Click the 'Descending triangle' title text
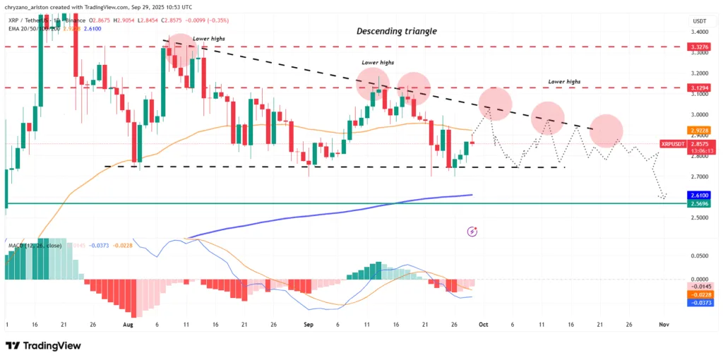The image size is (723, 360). pos(397,31)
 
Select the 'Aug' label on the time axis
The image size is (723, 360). pos(128,325)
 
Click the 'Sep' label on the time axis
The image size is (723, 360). pos(308,325)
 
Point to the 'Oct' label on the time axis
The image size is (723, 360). pos(484,325)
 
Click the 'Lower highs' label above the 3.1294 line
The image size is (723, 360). pos(564,82)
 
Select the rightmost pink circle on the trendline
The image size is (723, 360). pos(606,130)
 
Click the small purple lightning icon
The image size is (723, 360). pos(472,231)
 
